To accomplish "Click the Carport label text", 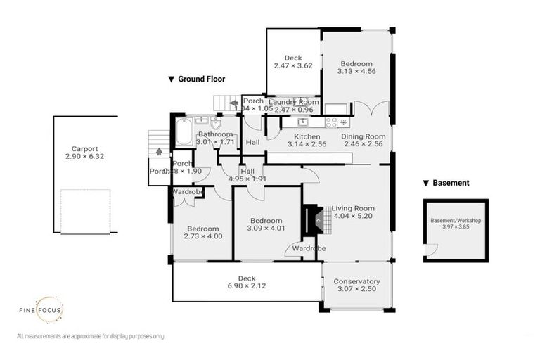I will coord(84,148).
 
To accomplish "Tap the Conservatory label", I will coord(356,281).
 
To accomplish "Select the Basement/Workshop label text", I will coord(456,220).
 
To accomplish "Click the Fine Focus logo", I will coord(50,310).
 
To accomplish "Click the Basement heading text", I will coord(451,183).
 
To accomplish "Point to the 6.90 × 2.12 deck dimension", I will coord(245,286).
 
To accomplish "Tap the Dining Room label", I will coord(363,136).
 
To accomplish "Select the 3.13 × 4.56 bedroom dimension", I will coord(356,71).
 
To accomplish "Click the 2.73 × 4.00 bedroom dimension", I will coord(202,236).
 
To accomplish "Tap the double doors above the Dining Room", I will coord(371,109).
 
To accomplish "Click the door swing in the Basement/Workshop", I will coord(430,250).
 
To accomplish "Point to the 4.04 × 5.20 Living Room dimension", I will coord(353,217).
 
